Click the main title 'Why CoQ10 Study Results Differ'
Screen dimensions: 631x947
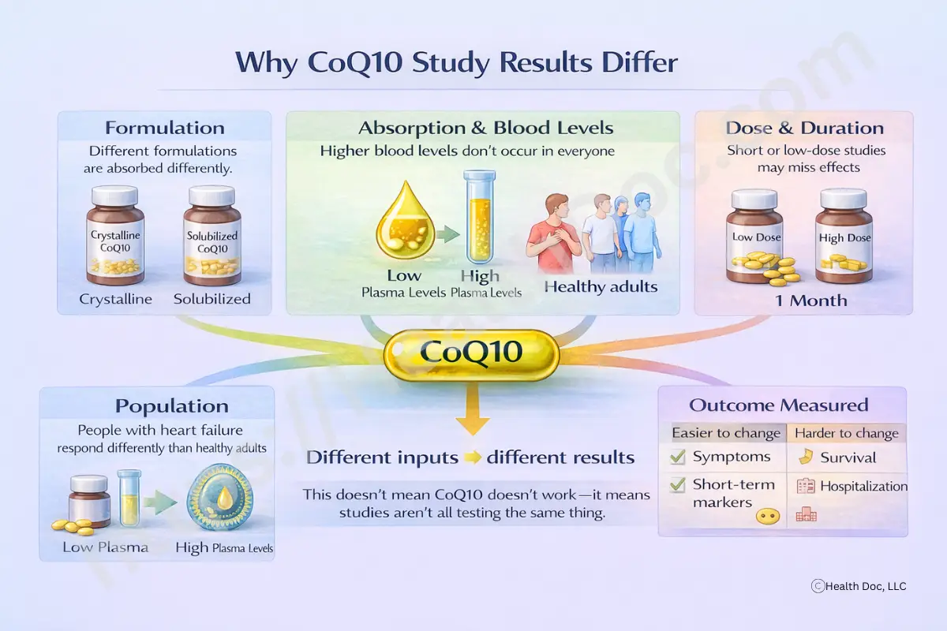point(457,62)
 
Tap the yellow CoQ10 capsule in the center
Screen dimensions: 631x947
point(471,352)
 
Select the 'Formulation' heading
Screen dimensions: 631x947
point(164,128)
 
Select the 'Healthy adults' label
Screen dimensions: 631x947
point(601,286)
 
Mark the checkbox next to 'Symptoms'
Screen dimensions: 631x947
point(677,457)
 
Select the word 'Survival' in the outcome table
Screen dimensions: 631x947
point(848,457)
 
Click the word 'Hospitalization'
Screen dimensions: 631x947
point(863,487)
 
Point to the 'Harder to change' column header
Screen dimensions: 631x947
point(846,433)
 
